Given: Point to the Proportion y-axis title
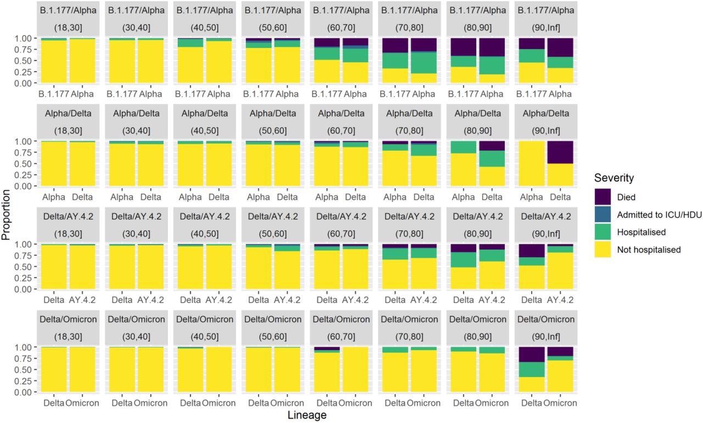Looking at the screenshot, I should coord(7,215).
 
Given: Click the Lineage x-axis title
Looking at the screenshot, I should coord(307,415).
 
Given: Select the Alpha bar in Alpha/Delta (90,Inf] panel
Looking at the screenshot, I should coord(532,164).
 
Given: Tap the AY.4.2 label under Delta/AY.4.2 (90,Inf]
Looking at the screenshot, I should coord(560,300).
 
